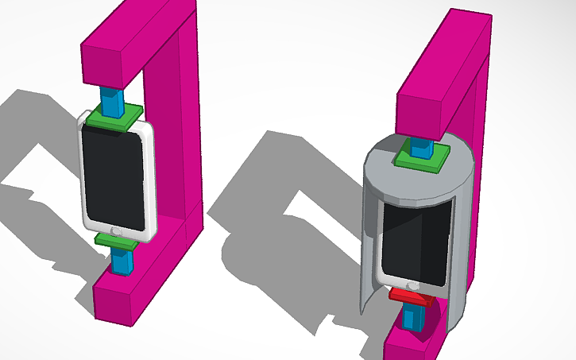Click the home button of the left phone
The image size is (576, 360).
118,230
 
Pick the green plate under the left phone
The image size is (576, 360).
116,240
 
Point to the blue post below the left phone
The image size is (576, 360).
122,260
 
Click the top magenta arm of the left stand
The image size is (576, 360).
135,48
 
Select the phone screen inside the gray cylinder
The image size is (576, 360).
417,242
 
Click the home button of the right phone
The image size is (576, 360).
412,285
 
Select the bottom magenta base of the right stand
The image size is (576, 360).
409,346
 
